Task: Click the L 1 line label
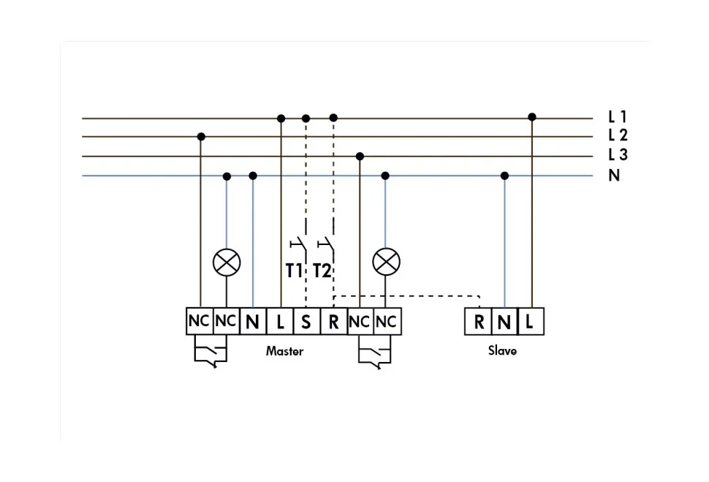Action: click(618, 116)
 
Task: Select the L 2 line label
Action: click(618, 135)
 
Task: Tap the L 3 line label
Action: click(618, 155)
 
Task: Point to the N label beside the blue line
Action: click(614, 176)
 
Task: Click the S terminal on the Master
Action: click(306, 322)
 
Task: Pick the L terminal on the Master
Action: click(280, 322)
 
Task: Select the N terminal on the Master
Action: click(253, 322)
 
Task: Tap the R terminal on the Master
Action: click(333, 322)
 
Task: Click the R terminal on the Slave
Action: click(479, 322)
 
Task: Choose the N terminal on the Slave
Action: click(504, 322)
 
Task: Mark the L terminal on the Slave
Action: click(531, 322)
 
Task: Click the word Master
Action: click(284, 351)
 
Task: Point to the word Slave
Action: click(502, 351)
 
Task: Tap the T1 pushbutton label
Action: click(294, 271)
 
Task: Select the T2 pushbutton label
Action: click(322, 271)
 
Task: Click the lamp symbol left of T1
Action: click(227, 261)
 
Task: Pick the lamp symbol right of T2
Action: click(385, 261)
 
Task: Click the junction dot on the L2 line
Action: click(201, 136)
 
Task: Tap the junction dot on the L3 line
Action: click(360, 156)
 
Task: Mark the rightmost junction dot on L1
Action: click(532, 117)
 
